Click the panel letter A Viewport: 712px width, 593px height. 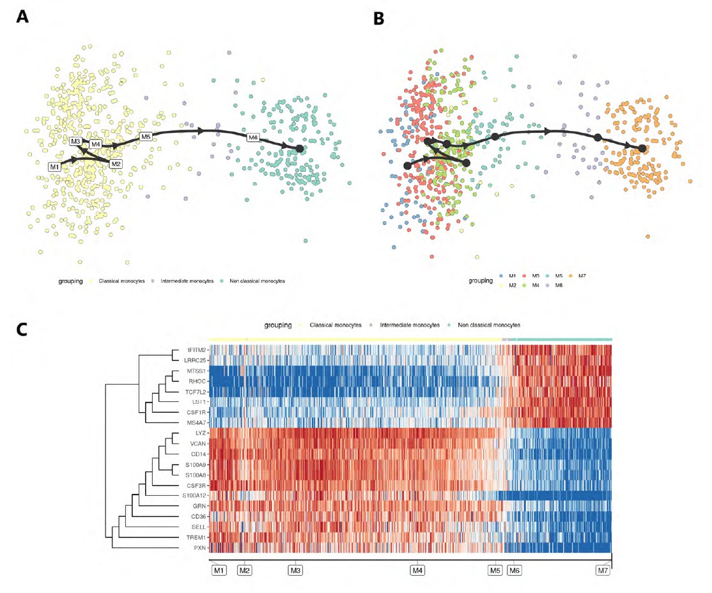(x=23, y=17)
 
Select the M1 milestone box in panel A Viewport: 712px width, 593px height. (x=55, y=166)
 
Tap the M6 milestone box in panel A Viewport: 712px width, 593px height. (x=253, y=137)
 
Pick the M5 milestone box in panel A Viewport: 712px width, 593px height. (x=146, y=136)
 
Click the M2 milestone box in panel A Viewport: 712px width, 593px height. (x=116, y=164)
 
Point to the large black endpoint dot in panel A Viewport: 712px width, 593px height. (x=299, y=148)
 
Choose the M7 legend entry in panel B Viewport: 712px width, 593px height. (x=582, y=275)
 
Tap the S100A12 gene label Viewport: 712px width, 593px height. (x=192, y=495)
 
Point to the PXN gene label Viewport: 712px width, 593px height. (x=197, y=547)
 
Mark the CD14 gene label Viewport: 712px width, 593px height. (x=197, y=454)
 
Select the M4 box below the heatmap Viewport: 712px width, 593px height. (x=417, y=570)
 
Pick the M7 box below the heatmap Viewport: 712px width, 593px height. (x=602, y=570)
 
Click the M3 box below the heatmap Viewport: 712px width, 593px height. (x=295, y=570)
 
